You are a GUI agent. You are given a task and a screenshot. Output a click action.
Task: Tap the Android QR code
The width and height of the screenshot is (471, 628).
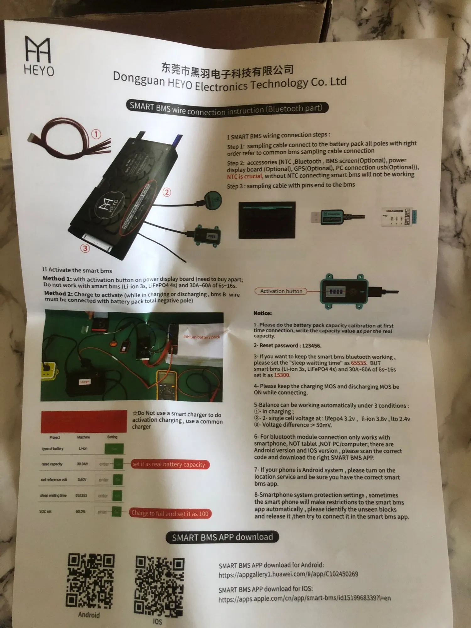click(x=90, y=580)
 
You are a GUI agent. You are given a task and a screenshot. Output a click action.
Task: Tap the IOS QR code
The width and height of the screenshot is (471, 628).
click(x=160, y=585)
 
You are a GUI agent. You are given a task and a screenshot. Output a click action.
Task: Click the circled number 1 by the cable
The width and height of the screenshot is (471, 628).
click(x=96, y=134)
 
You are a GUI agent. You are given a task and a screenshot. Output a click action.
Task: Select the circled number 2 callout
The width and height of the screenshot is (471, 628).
click(x=167, y=192)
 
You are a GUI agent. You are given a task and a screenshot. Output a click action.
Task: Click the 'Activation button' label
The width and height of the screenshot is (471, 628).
click(x=281, y=291)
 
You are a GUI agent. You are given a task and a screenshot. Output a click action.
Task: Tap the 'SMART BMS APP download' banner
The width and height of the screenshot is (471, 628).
click(x=222, y=537)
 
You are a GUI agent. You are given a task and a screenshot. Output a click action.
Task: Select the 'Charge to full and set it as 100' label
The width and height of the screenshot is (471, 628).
click(x=170, y=513)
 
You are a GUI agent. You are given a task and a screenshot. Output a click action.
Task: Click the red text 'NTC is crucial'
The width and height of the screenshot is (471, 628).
click(x=244, y=176)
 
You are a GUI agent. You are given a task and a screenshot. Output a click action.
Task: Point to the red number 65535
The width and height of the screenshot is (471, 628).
click(x=358, y=363)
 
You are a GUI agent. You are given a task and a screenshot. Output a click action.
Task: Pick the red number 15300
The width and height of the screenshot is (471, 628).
click(x=282, y=375)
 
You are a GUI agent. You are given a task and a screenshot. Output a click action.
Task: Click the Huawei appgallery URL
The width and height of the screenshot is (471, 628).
click(x=288, y=574)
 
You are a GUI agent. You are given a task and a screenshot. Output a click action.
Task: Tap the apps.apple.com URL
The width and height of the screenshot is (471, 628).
click(x=305, y=598)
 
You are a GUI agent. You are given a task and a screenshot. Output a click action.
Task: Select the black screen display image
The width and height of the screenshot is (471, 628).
click(x=267, y=220)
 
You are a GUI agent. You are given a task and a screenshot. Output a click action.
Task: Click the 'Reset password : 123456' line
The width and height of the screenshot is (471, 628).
click(x=287, y=345)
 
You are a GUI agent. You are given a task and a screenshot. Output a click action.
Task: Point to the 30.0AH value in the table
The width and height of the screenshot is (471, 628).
click(x=83, y=464)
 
